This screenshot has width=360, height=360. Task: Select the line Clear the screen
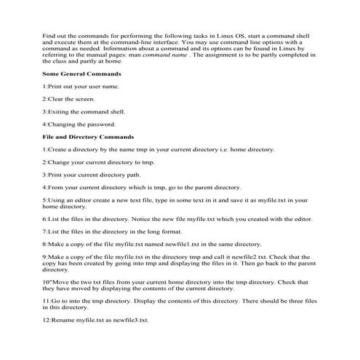pos(68,99)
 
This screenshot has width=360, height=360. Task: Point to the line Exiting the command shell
pos(83,111)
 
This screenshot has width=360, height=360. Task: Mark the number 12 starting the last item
pos(46,320)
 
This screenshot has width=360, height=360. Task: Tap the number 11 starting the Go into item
pos(46,300)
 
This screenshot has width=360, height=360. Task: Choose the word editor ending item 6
pos(302,218)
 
